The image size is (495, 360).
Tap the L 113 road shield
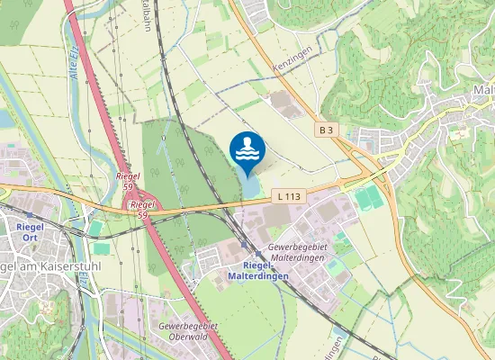[288, 195]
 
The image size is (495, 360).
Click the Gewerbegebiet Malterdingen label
[301, 252]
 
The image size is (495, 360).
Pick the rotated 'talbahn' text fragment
[146, 16]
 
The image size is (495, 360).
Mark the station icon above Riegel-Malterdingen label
[245, 245]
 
